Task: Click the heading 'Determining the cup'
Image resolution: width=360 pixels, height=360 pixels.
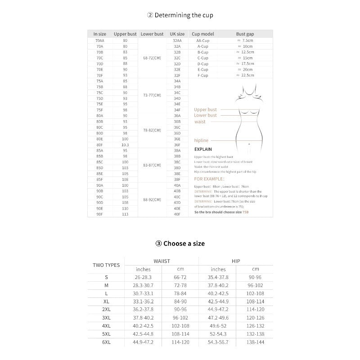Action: point(180,15)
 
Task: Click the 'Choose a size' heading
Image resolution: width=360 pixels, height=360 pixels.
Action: point(180,243)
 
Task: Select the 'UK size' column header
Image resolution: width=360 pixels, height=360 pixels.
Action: point(177,34)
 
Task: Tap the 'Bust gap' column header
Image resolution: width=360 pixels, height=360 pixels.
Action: point(245,34)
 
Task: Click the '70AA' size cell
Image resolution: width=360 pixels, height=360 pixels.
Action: point(100,40)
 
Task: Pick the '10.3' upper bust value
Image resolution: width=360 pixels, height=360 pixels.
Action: point(125,145)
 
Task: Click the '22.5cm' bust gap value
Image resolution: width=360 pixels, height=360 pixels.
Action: point(245,76)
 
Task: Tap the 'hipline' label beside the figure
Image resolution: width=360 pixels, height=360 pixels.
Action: point(201,140)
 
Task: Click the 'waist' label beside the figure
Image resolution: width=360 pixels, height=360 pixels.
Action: point(200,121)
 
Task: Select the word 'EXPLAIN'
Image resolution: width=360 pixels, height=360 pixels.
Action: point(203,149)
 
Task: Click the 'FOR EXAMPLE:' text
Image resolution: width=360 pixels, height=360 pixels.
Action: point(209,179)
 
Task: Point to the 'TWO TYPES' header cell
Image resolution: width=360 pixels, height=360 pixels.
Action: point(106,265)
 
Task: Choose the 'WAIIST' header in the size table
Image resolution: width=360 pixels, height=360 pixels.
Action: point(162,261)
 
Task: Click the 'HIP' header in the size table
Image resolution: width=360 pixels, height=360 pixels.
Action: point(236,261)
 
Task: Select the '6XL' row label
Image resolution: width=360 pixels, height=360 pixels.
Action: point(106,342)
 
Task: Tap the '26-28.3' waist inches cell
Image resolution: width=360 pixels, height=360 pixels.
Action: point(143,277)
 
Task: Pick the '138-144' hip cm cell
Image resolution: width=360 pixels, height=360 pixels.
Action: point(255,342)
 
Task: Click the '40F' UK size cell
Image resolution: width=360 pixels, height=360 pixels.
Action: point(177,214)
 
